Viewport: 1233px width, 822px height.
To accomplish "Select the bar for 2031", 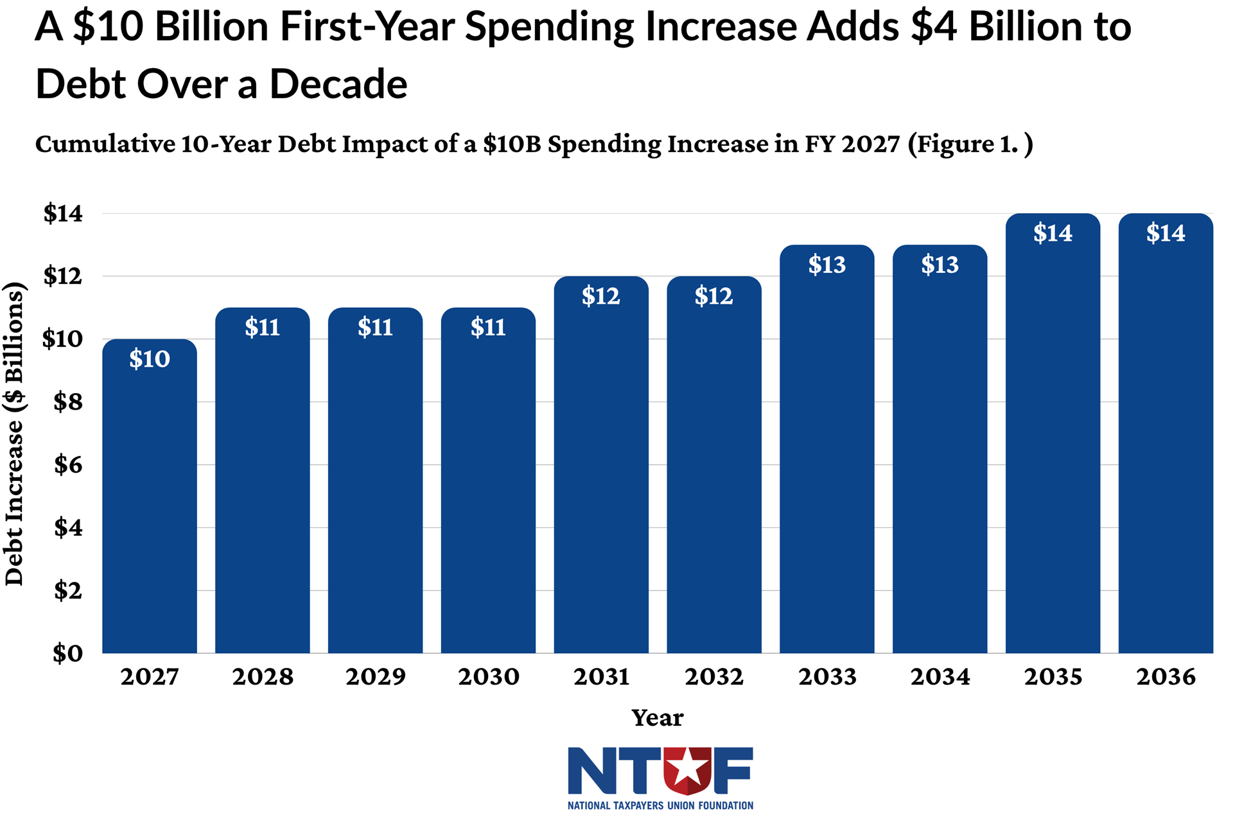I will [601, 475].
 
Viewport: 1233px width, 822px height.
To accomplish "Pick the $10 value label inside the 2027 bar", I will [150, 359].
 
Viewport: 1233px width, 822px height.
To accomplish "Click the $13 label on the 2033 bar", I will [827, 265].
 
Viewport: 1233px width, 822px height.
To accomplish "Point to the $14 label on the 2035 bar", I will [1053, 233].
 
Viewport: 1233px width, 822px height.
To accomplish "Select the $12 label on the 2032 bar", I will [713, 296].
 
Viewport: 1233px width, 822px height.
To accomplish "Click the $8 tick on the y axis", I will [68, 402].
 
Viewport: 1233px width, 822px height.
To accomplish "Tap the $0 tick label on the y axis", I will [68, 653].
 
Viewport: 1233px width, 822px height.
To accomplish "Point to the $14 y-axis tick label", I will [64, 213].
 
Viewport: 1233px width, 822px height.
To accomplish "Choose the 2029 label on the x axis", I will [376, 677].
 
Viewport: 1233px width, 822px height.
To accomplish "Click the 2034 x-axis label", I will [940, 677].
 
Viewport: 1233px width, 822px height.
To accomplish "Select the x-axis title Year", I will [658, 717].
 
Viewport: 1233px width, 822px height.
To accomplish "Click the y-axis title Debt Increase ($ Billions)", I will [14, 433].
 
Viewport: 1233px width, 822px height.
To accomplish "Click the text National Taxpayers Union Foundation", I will [660, 805].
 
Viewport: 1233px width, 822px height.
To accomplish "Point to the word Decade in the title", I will [338, 84].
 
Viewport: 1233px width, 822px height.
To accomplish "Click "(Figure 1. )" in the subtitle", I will [970, 144].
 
